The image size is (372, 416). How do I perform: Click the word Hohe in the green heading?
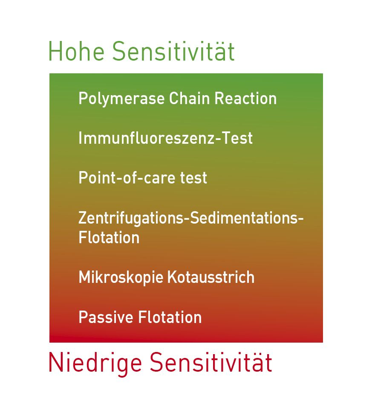point(76,52)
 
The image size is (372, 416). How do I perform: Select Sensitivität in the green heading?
point(173,52)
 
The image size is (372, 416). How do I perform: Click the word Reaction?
point(245,99)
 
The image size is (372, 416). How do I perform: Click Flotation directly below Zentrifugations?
point(109,238)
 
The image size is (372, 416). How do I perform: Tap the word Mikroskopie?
point(121,278)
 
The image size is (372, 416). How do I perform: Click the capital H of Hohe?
point(54,52)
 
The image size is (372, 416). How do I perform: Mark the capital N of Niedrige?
point(55,363)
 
